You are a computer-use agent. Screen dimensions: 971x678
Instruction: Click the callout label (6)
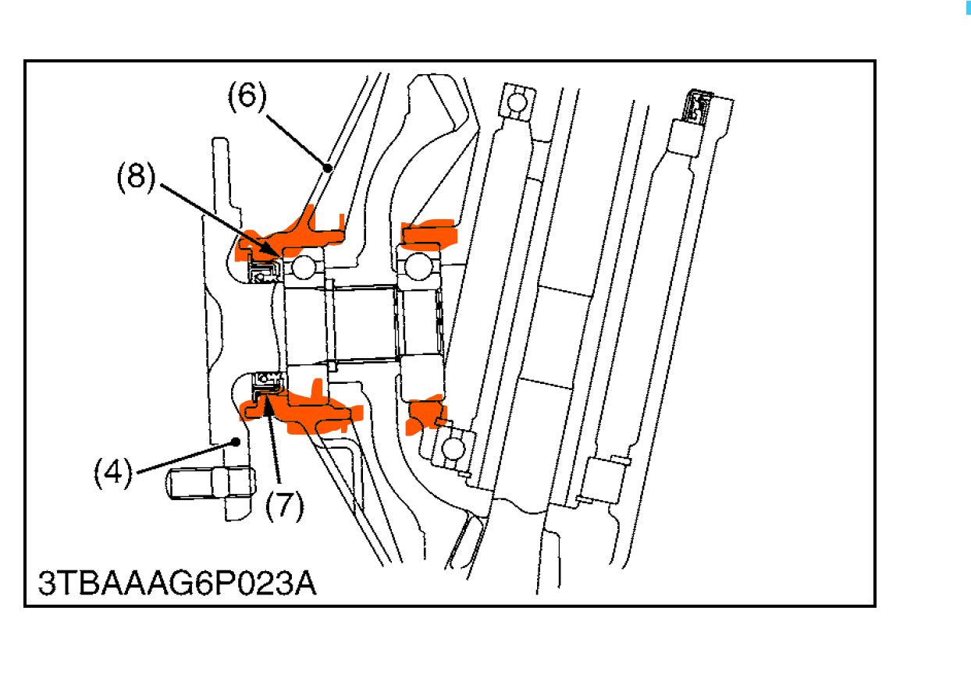[247, 96]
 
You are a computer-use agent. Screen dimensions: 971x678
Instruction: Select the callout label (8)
[136, 177]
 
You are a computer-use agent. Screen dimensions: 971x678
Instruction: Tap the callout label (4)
[113, 473]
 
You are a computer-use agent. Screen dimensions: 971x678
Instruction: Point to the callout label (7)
[284, 506]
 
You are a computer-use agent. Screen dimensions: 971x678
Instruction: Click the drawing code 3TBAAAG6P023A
[177, 584]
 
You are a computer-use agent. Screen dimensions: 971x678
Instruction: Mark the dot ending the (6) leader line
[328, 168]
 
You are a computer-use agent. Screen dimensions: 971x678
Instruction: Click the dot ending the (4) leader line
[236, 442]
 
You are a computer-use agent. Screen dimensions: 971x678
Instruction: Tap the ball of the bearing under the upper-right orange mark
[418, 266]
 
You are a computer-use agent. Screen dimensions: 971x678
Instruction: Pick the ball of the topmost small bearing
[517, 103]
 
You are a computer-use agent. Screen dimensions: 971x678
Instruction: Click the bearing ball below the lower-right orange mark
[453, 449]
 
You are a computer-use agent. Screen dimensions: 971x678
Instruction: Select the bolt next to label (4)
[211, 483]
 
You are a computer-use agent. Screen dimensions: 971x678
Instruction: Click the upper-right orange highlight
[429, 235]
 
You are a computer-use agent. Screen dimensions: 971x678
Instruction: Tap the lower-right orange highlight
[425, 414]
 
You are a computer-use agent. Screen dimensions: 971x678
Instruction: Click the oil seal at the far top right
[697, 106]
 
